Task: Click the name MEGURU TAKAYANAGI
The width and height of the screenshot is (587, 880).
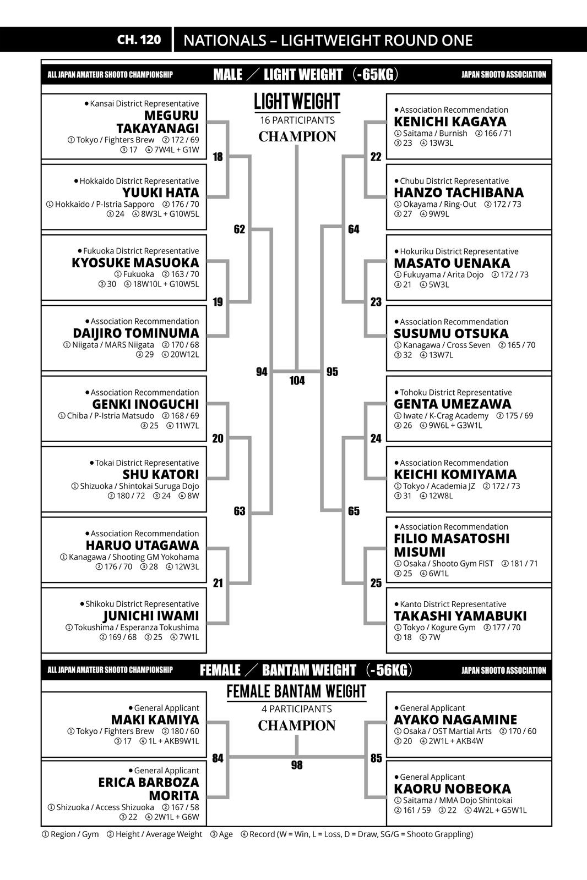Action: [157, 122]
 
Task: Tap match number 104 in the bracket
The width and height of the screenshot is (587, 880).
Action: [297, 381]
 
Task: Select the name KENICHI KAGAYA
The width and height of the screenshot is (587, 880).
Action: [450, 122]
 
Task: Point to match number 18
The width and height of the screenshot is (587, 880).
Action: [218, 157]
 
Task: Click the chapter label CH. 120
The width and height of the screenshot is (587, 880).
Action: [139, 40]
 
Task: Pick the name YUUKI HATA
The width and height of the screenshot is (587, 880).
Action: [161, 193]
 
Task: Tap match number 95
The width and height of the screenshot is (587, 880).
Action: [332, 372]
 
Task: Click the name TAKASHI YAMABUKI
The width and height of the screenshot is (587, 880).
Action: [460, 616]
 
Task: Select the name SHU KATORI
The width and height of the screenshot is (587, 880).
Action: [161, 474]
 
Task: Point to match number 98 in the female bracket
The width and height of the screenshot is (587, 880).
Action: [297, 765]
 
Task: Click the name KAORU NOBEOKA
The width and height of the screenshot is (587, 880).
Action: [452, 789]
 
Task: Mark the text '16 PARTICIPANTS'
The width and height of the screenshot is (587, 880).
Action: [297, 120]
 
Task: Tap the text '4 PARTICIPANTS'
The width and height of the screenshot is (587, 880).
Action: [297, 709]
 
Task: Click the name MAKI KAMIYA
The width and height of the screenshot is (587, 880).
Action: [155, 719]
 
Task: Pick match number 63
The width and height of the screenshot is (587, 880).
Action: [240, 511]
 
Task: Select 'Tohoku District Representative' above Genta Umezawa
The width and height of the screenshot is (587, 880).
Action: [455, 392]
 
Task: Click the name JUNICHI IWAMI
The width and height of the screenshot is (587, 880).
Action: [151, 616]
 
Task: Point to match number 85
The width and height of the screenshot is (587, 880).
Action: [376, 758]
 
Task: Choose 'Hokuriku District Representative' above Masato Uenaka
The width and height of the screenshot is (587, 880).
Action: [459, 251]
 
